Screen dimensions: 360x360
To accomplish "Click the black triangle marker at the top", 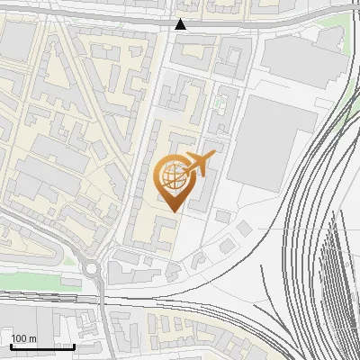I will (x=181, y=24).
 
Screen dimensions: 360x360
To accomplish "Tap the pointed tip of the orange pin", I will (x=171, y=211).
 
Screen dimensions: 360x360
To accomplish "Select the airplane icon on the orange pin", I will (x=199, y=164).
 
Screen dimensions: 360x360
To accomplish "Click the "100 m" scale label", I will (x=23, y=338).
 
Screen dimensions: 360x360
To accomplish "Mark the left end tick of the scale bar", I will (x=11, y=345).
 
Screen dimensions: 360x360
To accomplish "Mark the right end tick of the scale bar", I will (x=74, y=345).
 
